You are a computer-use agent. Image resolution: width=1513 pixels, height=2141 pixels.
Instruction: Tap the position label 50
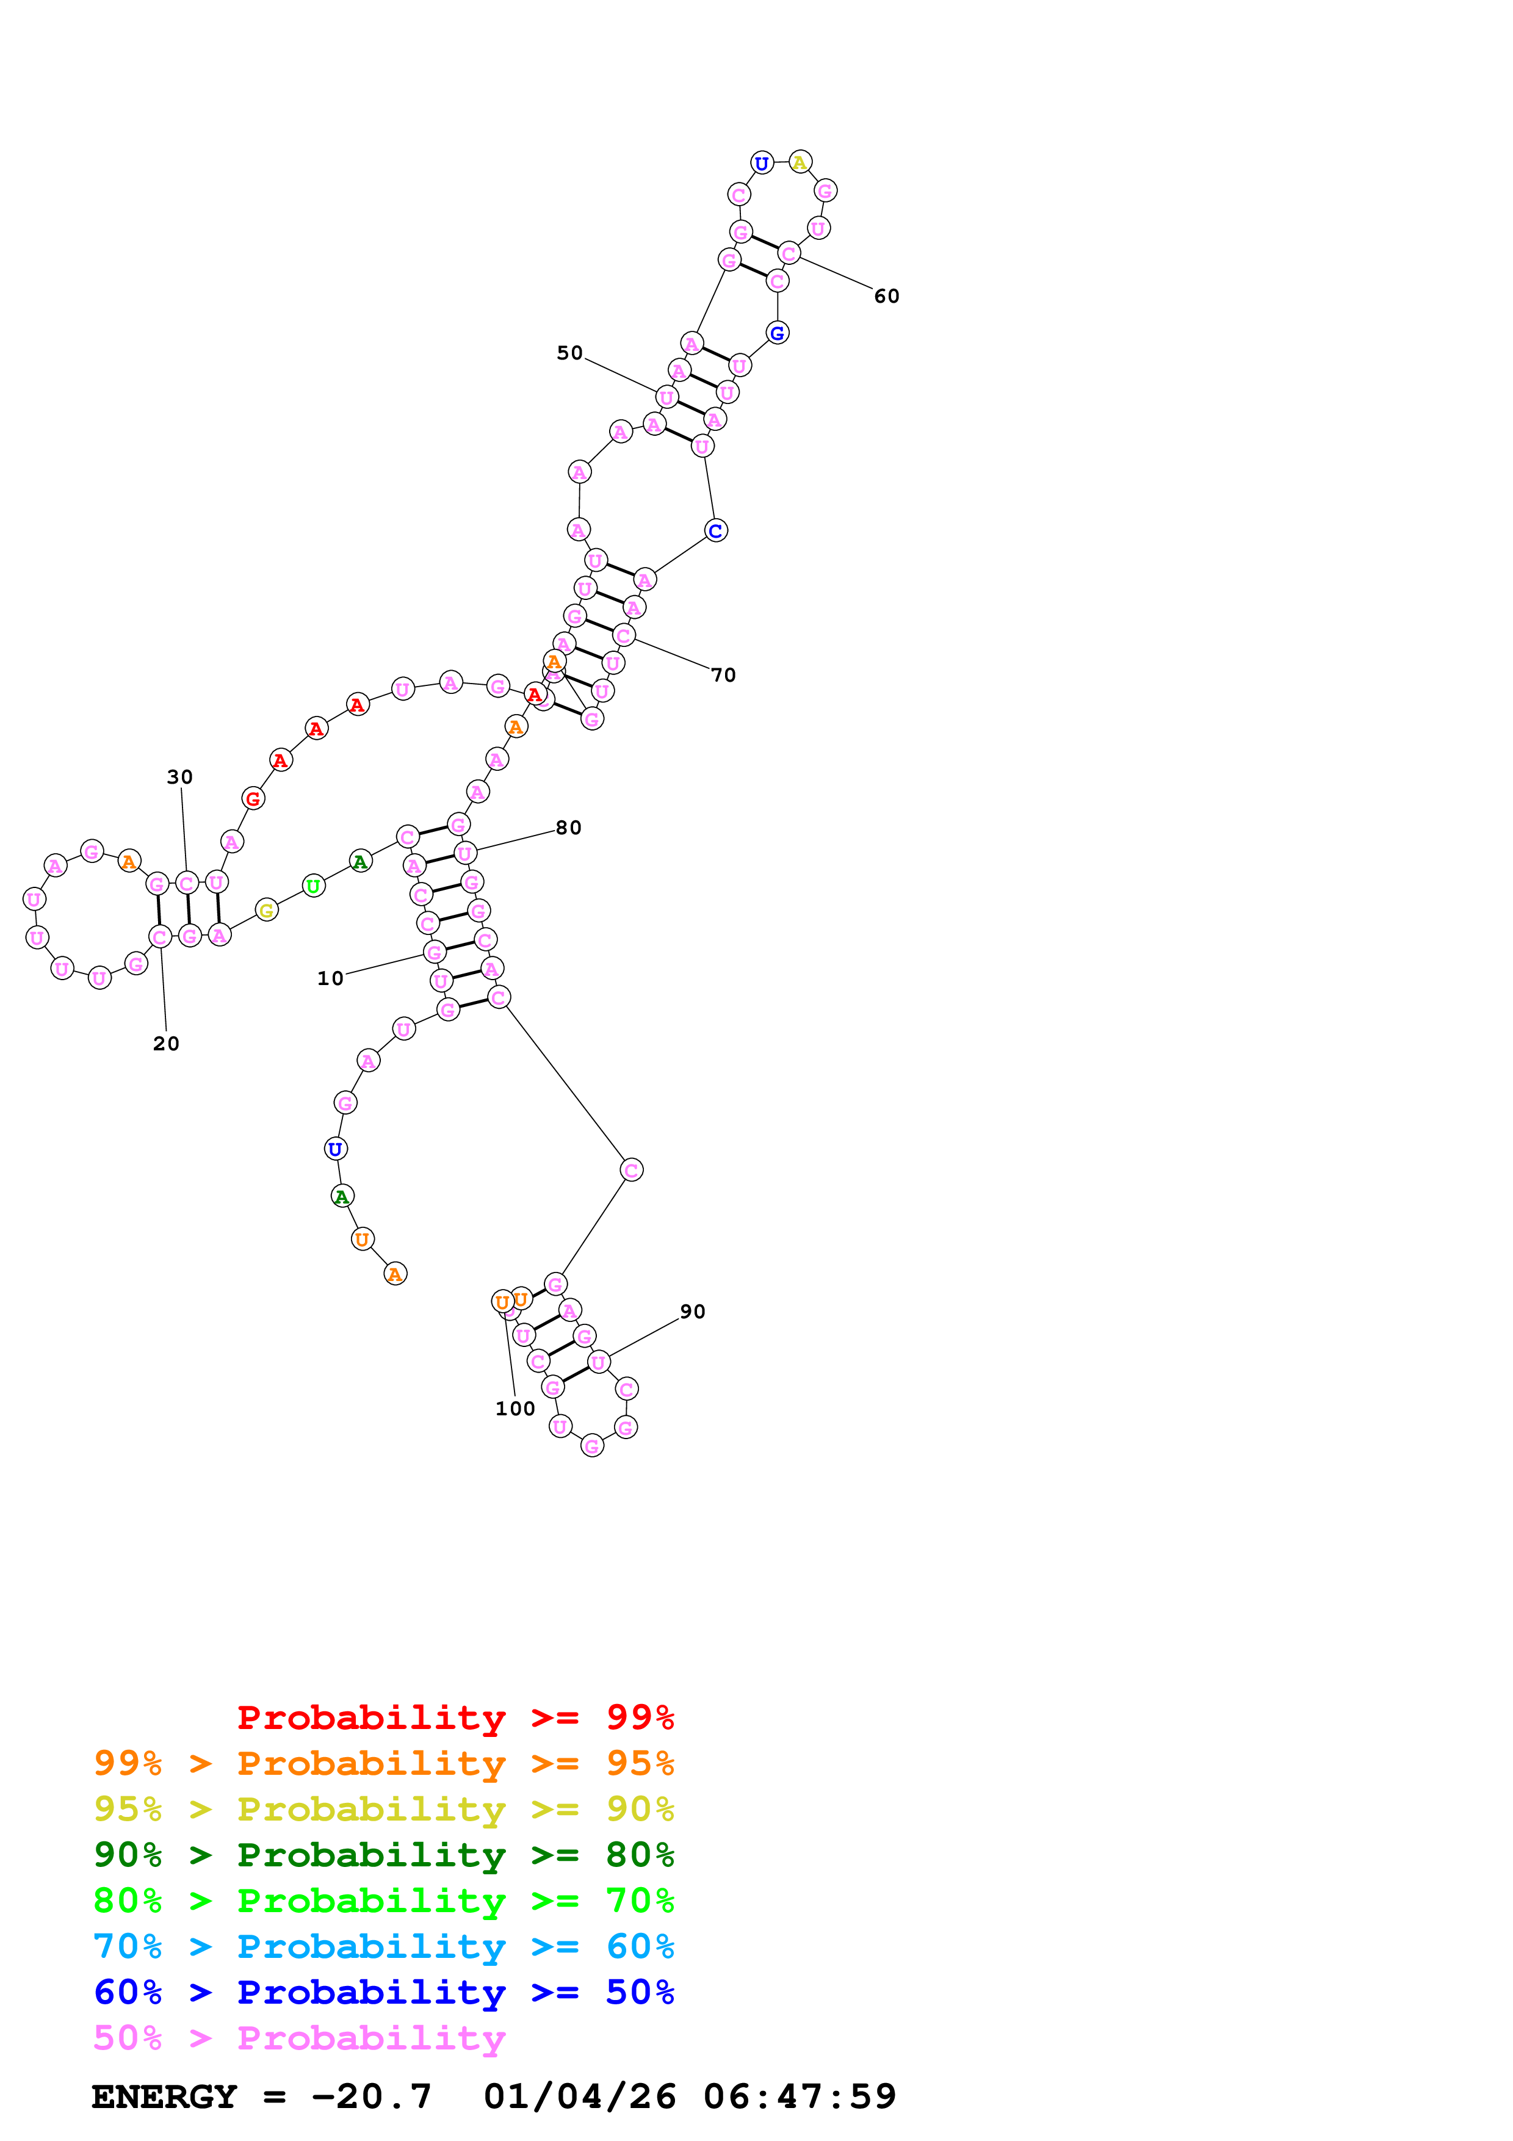click(x=569, y=353)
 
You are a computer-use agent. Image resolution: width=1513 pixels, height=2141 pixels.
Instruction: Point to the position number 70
click(x=723, y=675)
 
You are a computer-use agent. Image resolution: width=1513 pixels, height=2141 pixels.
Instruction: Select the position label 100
click(x=515, y=1409)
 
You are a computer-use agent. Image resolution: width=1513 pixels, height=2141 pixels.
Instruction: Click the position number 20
click(x=166, y=1044)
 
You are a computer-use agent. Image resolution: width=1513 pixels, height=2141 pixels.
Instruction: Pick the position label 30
click(x=180, y=778)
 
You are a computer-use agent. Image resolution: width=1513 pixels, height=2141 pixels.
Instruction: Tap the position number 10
click(x=330, y=979)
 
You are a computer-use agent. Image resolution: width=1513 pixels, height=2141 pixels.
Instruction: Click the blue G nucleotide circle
click(x=778, y=333)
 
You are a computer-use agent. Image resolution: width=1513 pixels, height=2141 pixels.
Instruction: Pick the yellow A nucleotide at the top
click(x=800, y=162)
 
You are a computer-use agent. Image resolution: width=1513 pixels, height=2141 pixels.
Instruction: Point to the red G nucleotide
click(x=253, y=799)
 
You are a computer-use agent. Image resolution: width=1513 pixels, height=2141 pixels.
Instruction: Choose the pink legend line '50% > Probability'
click(x=298, y=2039)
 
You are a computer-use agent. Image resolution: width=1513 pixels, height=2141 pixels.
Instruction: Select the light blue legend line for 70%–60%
click(x=383, y=1947)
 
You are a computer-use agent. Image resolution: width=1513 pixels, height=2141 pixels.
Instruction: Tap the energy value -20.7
click(x=371, y=2097)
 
